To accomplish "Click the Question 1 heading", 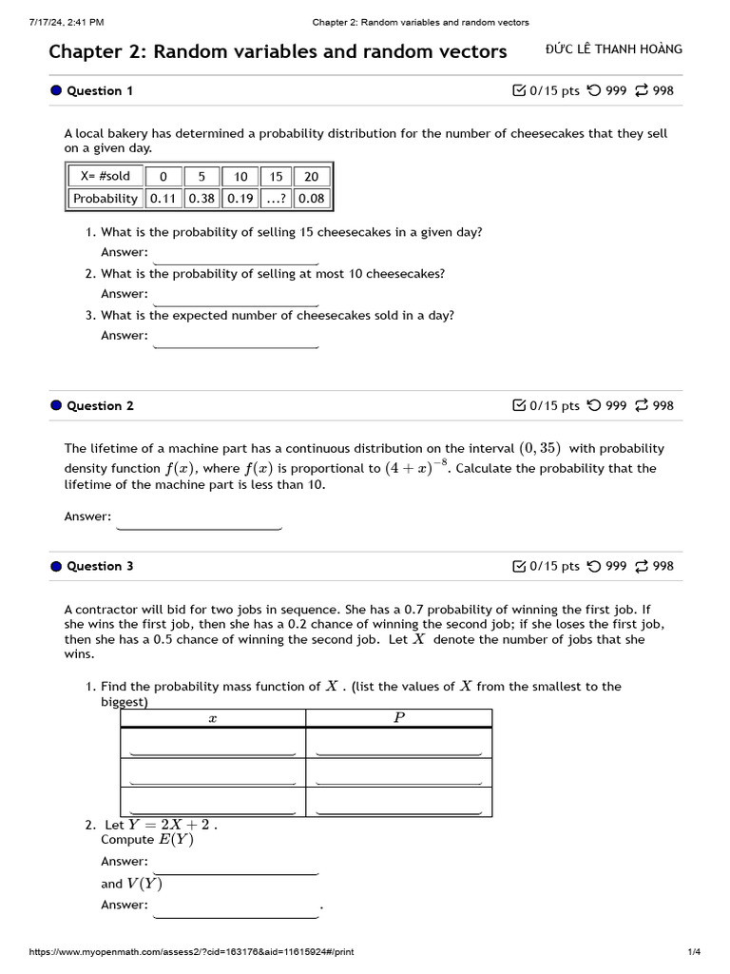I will pos(100,90).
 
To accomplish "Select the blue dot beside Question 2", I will pos(56,405).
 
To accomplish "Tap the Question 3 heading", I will pos(100,566).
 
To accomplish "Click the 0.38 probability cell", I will pos(202,198).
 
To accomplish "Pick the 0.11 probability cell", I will pos(163,198).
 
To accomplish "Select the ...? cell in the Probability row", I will pos(276,198).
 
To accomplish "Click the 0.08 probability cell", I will pos(311,198).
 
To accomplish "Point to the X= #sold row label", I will pos(106,176).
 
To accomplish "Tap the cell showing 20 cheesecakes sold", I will pos(311,176).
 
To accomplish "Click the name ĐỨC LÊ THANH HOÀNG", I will pos(614,49).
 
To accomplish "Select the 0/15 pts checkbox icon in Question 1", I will pos(518,90).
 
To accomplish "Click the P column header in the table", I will pos(398,718).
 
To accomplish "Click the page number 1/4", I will pos(693,952).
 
